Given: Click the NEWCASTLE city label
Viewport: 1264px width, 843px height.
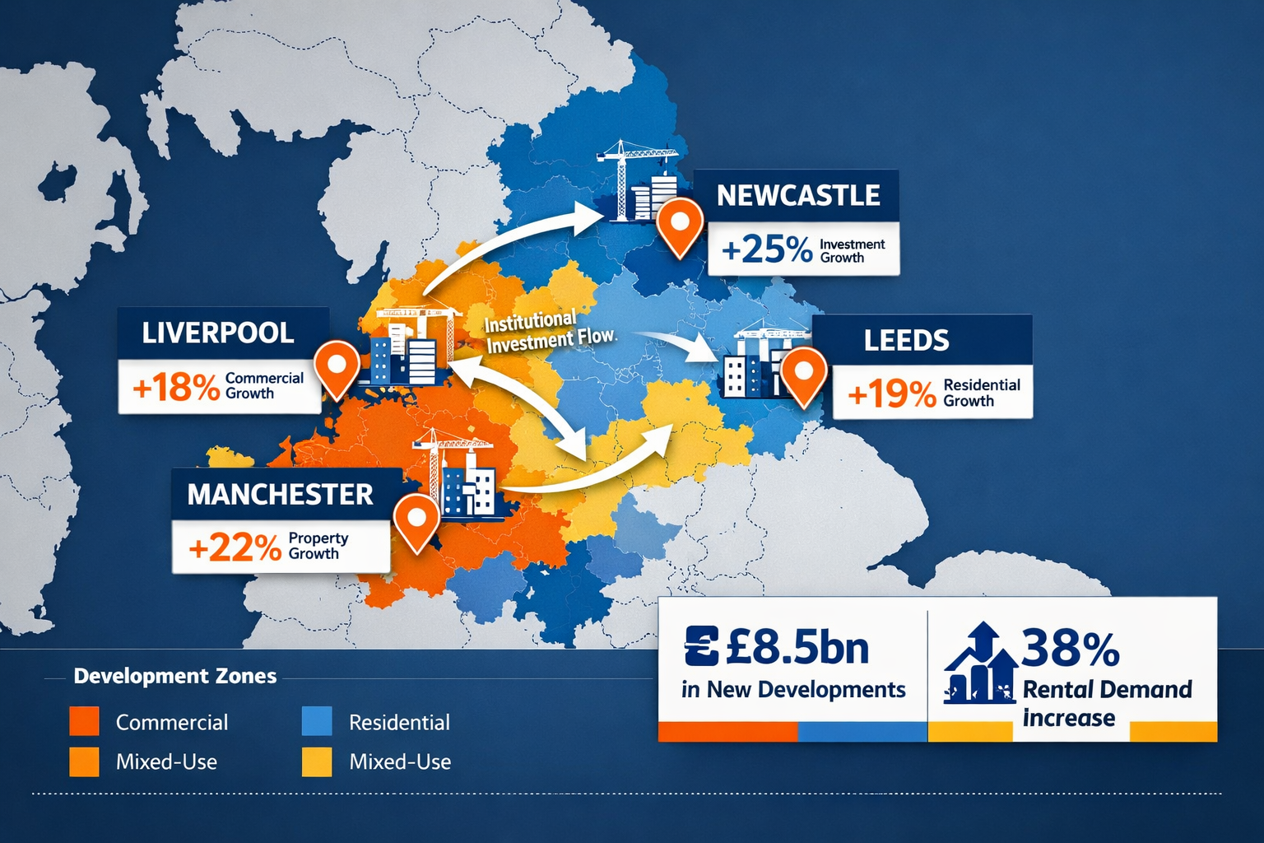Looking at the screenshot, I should (797, 195).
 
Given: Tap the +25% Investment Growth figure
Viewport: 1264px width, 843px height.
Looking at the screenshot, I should (766, 249).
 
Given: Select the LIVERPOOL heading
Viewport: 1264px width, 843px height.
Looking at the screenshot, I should (218, 333).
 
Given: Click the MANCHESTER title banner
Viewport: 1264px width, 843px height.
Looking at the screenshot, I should (280, 494).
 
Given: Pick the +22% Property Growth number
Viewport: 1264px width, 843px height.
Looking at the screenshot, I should (235, 547).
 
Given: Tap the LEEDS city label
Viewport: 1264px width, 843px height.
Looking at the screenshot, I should (906, 340).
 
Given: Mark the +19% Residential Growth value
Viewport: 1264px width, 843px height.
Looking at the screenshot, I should (891, 394).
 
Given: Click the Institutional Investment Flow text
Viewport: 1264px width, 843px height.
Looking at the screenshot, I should (549, 331).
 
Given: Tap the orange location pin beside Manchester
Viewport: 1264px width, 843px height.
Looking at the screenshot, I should (416, 521).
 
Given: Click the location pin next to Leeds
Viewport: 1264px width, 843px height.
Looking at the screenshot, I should (803, 375).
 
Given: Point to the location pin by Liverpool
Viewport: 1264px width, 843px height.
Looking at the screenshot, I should (337, 367).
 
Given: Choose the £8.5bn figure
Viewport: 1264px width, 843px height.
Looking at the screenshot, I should (797, 648).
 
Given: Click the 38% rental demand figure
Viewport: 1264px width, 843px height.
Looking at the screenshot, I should (1071, 648).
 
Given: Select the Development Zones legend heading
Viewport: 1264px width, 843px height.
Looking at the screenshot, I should (175, 676).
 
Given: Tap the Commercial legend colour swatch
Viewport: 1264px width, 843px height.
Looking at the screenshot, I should (84, 721).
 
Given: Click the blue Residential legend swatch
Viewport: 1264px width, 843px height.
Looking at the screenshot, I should (317, 721).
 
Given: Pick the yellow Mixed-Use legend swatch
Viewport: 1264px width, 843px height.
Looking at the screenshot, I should (317, 761).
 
